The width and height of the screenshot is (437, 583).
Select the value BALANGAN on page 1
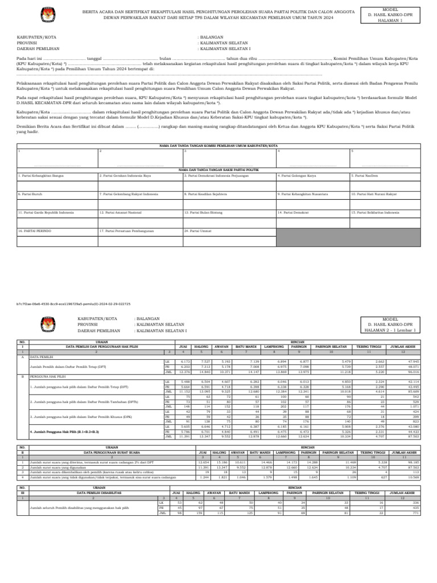coord(212,37)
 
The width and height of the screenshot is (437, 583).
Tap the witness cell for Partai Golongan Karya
coord(312,182)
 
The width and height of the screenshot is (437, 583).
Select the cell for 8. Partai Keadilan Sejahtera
coord(228,200)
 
